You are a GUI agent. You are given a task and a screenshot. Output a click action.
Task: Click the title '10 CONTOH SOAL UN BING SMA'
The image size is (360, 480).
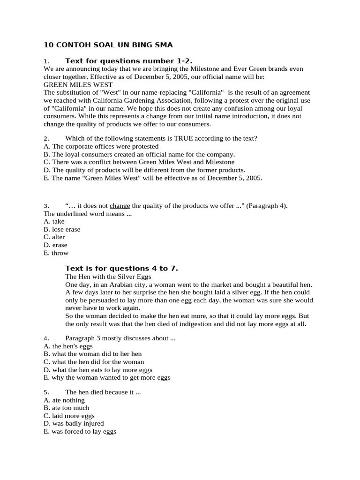click(108, 45)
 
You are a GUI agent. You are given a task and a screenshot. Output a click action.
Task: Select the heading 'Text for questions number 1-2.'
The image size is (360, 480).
click(129, 61)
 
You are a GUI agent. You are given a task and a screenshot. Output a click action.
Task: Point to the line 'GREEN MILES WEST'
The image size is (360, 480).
click(78, 85)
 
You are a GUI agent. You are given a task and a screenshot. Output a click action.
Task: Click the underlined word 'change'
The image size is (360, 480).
click(120, 206)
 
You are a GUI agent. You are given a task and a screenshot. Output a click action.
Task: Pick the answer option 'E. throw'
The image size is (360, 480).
click(56, 253)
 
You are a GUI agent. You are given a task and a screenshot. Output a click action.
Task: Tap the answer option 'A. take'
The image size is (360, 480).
click(54, 221)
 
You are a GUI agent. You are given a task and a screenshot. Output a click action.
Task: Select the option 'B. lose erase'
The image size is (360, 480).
click(62, 229)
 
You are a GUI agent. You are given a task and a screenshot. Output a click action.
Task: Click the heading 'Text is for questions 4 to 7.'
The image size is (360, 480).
click(121, 269)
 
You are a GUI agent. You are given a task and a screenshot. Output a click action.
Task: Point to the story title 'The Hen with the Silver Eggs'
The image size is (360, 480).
click(108, 277)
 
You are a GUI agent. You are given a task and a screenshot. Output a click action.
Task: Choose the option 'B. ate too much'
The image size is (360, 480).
click(66, 408)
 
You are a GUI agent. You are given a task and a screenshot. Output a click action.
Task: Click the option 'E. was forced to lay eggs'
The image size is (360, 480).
click(80, 432)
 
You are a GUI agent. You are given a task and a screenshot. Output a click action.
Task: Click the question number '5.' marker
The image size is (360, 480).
click(46, 392)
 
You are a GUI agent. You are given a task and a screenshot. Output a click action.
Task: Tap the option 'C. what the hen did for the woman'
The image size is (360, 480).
click(94, 362)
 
